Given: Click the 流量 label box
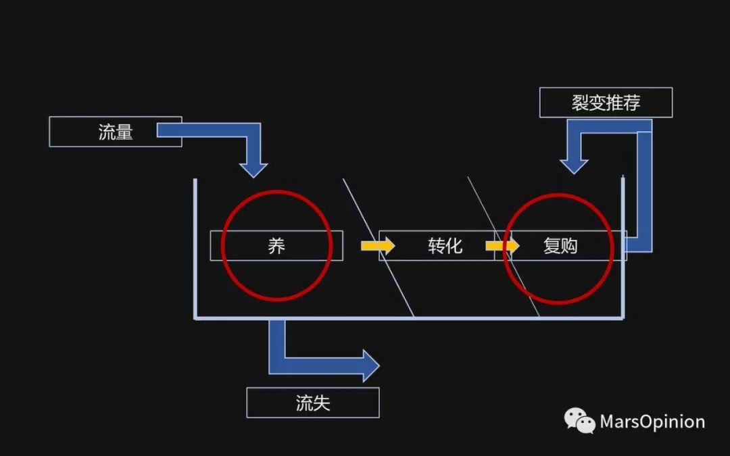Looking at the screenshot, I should pos(116,132).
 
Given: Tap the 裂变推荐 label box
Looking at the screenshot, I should pos(606,103).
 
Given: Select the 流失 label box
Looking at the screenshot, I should pos(313,403).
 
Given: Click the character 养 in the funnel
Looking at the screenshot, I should pos(276,245).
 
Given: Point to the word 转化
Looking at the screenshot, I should pos(445,245).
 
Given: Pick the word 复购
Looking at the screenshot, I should pos(560,245).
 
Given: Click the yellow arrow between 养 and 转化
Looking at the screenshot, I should pos(377,246).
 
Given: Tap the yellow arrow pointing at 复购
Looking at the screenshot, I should pos(503,246).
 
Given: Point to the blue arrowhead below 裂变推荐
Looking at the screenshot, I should pos(574,164).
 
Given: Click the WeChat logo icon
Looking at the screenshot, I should pos(579,421).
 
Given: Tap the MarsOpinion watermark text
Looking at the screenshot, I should pos(652,422).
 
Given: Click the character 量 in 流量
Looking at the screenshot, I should pos(124,132).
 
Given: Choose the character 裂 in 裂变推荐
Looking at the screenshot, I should pos(579,103).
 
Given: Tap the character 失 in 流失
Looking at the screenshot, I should pos(322,403).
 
